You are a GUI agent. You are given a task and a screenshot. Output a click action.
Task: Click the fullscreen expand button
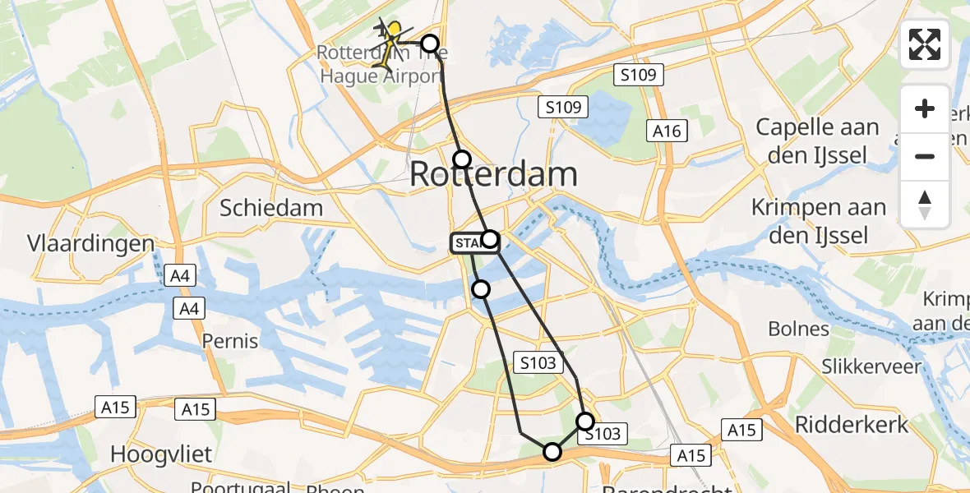point(925,44)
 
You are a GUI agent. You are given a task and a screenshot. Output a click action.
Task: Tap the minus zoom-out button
point(925,156)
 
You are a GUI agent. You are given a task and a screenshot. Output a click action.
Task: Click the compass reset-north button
point(925,204)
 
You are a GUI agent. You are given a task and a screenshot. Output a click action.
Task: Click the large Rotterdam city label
point(493,174)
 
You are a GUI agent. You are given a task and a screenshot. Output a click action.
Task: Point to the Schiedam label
point(270,208)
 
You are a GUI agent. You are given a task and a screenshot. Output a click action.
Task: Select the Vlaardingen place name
point(90,244)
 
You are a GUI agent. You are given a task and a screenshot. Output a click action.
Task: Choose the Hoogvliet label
point(162,454)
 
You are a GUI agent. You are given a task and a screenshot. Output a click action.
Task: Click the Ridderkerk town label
point(852,425)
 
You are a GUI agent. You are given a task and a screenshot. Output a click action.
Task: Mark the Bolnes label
point(798,329)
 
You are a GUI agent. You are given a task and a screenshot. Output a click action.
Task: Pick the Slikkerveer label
point(872,366)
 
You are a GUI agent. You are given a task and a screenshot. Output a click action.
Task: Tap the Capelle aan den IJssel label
point(817,139)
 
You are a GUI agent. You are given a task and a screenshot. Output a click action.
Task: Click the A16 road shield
point(667,131)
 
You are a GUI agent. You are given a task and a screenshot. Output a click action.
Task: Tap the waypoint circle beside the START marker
point(490,239)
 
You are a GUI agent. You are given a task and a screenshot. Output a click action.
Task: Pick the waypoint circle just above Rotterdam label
point(463,159)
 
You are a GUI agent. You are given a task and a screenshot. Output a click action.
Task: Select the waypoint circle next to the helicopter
point(430,44)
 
